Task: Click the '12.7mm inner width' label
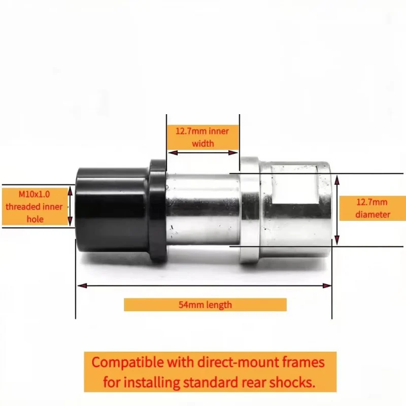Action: tap(202, 137)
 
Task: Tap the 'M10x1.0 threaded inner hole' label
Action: tap(34, 207)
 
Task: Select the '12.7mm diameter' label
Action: tap(373, 208)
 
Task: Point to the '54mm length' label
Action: tap(205, 305)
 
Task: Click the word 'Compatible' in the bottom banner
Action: tap(128, 362)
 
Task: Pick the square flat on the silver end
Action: tap(295, 185)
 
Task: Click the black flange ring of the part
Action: tap(157, 210)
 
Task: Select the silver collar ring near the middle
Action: tap(249, 210)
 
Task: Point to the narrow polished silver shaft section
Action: tap(202, 209)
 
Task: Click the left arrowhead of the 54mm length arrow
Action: tap(82, 286)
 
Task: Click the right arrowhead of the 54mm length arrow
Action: tap(327, 286)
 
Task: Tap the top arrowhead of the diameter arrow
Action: tap(337, 180)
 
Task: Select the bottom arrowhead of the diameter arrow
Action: tap(337, 240)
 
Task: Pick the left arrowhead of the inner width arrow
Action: tap(173, 153)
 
